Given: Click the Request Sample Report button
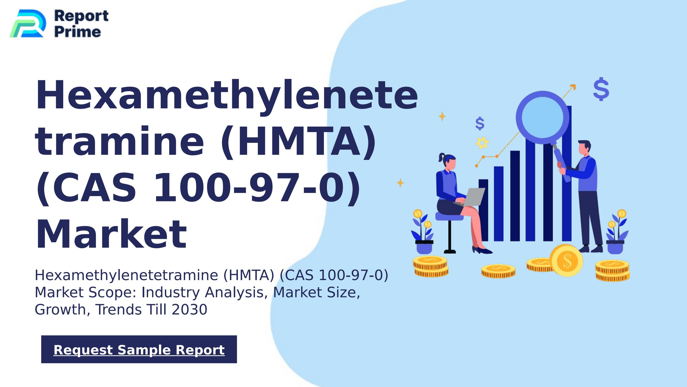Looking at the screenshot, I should coord(139,349).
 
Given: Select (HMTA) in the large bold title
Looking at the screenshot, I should coord(298,142).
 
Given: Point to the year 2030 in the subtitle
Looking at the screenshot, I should coord(189,309).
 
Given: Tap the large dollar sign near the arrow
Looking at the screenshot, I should coord(601,89).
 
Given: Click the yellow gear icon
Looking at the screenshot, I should coord(482,143).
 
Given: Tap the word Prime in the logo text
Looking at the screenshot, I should coord(78,32).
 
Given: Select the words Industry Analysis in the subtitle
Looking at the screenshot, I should coord(204,292).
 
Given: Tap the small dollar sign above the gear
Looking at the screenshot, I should coord(480,124).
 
